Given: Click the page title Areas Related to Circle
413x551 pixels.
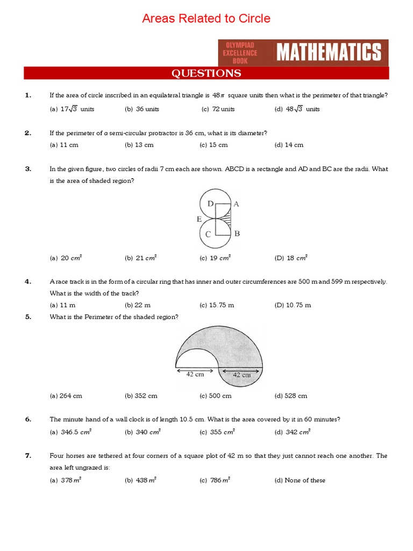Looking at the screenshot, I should click(206, 19).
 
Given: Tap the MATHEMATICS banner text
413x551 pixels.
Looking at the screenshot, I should click(329, 53).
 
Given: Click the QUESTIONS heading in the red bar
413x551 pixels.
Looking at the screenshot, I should click(206, 73).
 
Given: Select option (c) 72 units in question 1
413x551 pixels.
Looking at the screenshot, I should click(218, 109).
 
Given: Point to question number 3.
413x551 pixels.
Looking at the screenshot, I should click(28, 168).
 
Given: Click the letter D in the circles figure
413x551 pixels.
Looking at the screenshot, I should click(211, 203).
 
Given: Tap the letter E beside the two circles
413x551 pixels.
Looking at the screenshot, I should click(199, 219).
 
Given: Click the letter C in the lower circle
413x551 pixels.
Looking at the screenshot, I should click(208, 234).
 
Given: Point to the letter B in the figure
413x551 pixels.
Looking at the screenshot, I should click(237, 234).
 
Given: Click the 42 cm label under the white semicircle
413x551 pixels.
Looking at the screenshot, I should click(196, 375).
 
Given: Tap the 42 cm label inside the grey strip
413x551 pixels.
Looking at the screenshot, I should click(241, 375).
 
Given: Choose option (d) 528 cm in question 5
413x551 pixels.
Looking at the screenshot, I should click(291, 395).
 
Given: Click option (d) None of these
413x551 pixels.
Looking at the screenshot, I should click(300, 480).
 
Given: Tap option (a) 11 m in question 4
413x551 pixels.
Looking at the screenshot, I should click(61, 305).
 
